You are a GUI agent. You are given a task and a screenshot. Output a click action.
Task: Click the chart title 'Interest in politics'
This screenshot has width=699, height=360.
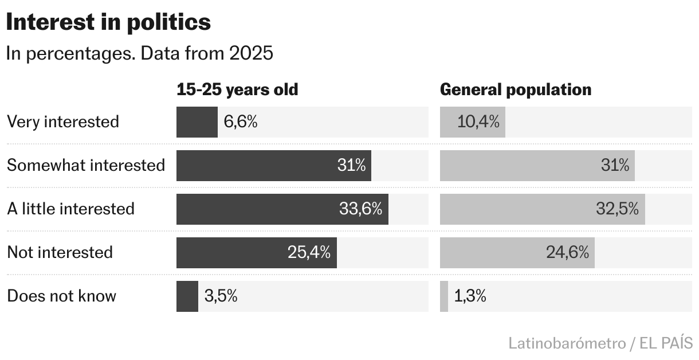coord(109,23)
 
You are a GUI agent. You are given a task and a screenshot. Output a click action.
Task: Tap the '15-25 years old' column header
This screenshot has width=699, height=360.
coord(237,90)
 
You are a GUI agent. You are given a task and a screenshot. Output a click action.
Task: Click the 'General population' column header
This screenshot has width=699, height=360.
coord(516,90)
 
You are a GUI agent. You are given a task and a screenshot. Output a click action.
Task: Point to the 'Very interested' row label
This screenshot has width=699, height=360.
coord(63,122)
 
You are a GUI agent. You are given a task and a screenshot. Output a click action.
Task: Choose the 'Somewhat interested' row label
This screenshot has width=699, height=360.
coord(86,165)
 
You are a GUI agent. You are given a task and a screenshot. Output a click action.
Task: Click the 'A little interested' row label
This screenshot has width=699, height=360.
coord(70,209)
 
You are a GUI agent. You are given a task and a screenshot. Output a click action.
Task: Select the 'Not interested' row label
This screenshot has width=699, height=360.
coord(60,252)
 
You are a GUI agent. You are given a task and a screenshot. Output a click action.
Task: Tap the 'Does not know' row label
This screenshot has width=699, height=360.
coord(61,296)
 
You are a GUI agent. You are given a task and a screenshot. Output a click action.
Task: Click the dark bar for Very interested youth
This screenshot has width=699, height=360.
coord(197,122)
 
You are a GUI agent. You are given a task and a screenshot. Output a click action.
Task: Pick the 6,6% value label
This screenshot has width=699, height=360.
coord(241,122)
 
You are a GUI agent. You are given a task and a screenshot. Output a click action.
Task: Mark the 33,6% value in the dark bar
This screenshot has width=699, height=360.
coord(360,209)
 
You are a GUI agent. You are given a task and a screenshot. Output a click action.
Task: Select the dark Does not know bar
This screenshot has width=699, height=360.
coord(187,296)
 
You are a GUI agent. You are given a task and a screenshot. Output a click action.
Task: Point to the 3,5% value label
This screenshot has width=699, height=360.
coord(221,296)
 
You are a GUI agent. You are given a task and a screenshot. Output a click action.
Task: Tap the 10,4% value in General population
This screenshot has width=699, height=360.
coord(478,122)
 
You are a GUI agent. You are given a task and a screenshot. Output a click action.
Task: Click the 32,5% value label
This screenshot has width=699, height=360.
coord(617,209)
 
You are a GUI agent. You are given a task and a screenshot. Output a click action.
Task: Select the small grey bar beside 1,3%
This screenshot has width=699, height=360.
coord(444,296)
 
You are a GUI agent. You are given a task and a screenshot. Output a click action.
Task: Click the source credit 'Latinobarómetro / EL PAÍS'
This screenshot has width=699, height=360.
coord(600,343)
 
